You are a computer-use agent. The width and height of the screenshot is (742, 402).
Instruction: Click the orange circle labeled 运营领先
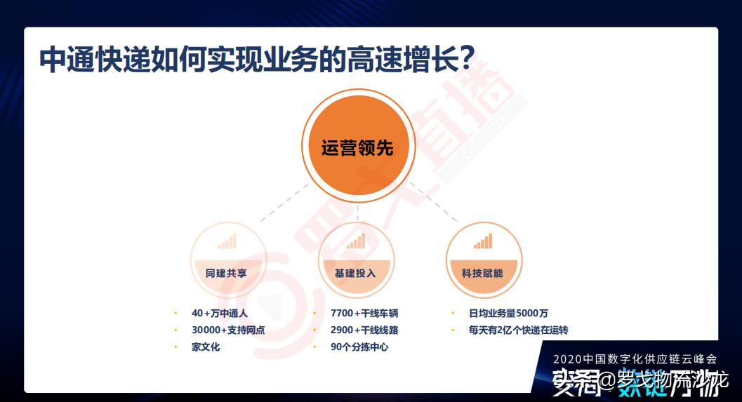tap(357, 148)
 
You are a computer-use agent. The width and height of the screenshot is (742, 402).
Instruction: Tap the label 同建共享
tap(226, 273)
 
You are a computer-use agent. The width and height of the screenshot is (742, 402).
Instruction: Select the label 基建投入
tap(355, 273)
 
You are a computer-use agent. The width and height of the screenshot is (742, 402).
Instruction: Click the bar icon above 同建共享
tap(227, 242)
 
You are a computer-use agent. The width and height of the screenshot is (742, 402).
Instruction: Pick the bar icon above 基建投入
tap(355, 242)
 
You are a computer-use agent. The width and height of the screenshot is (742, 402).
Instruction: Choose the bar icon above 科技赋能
tap(483, 242)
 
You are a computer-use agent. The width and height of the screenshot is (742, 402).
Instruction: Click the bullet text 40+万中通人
tap(220, 313)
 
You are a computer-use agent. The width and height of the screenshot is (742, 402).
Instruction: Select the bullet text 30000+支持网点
tap(228, 330)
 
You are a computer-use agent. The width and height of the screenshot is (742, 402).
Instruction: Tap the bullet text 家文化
tap(206, 347)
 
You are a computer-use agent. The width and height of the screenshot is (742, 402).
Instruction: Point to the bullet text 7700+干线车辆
tap(364, 313)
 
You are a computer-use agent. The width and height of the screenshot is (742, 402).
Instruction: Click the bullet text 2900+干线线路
tap(364, 330)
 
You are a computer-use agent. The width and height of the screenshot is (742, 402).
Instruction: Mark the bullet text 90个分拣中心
tap(359, 347)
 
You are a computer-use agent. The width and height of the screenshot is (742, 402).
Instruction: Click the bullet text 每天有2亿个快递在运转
tap(518, 330)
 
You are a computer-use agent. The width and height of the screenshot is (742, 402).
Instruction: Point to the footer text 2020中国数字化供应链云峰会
tap(635, 359)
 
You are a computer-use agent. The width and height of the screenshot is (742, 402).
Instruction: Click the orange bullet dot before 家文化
tap(175, 347)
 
